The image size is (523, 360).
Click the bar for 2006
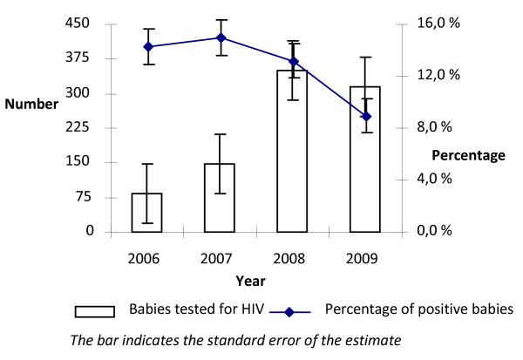pos(147,213)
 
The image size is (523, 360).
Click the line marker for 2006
pos(147,46)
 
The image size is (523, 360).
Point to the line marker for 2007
pos(221,37)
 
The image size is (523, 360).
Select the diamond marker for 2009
pos(366,117)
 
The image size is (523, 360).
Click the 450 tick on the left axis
pos(78,24)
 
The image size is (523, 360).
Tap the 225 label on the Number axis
pos(78,127)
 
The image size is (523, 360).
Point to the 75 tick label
pos(82,197)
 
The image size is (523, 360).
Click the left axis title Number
pos(31,104)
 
